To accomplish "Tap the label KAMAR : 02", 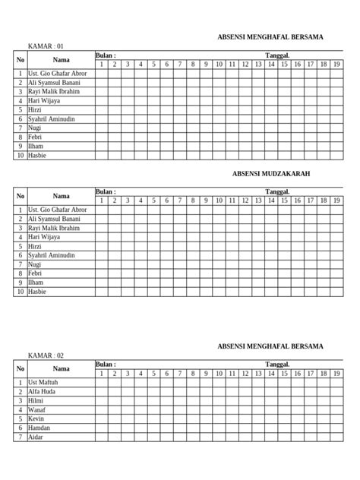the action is pyautogui.click(x=46, y=355).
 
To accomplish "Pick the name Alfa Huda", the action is pyautogui.click(x=41, y=391).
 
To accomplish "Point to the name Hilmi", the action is pyautogui.click(x=36, y=400).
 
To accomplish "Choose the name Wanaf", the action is pyautogui.click(x=37, y=409).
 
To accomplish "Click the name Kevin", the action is pyautogui.click(x=36, y=418).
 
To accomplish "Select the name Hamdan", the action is pyautogui.click(x=39, y=428).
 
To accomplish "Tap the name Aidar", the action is pyautogui.click(x=36, y=437).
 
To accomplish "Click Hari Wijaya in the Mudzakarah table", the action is pyautogui.click(x=44, y=237).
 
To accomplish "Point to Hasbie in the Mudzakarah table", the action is pyautogui.click(x=37, y=292).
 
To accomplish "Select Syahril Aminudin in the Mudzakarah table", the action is pyautogui.click(x=51, y=255).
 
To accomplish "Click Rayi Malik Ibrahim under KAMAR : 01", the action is pyautogui.click(x=53, y=91).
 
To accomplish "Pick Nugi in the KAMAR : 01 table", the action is pyautogui.click(x=35, y=128).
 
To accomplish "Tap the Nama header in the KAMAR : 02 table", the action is pyautogui.click(x=61, y=368).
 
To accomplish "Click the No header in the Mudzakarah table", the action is pyautogui.click(x=21, y=196).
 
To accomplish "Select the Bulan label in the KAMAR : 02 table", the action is pyautogui.click(x=106, y=365).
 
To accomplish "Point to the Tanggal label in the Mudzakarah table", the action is pyautogui.click(x=277, y=192).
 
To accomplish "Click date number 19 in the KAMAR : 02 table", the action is pyautogui.click(x=336, y=374).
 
